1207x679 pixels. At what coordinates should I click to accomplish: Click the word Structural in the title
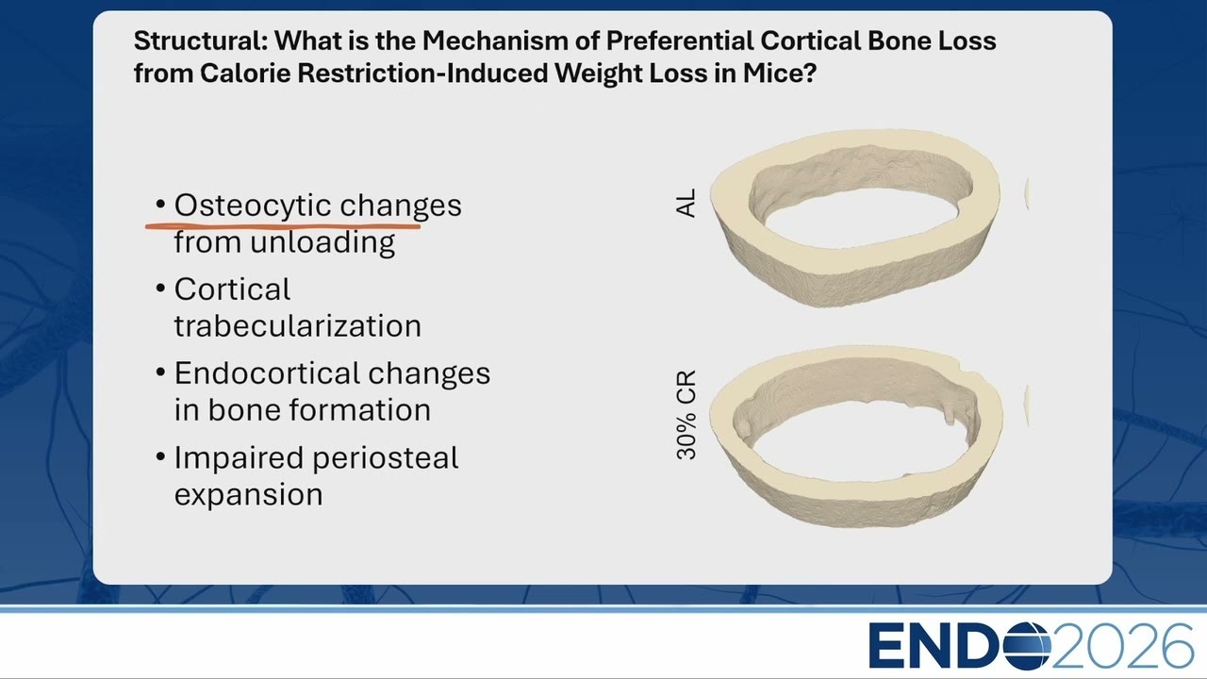tap(201, 41)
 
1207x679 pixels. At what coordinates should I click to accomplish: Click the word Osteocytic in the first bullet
tap(252, 206)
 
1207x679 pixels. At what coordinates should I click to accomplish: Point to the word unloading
tap(322, 242)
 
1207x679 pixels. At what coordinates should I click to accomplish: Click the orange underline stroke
tap(283, 227)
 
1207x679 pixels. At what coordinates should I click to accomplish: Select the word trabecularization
tap(297, 326)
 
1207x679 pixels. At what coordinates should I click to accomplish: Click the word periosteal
tap(386, 458)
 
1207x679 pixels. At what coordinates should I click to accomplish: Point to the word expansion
tap(248, 495)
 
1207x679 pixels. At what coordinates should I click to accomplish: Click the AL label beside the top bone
tap(686, 203)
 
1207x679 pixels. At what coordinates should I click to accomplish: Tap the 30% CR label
tap(686, 414)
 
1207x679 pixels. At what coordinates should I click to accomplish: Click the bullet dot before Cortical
tap(160, 289)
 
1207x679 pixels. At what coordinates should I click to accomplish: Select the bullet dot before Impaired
tap(160, 457)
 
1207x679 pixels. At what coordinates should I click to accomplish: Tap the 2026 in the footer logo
tap(1122, 646)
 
